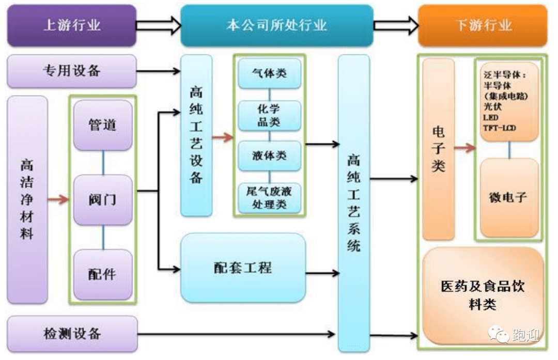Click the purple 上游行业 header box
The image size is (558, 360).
[x=71, y=25]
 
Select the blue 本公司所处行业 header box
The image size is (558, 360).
[x=276, y=25]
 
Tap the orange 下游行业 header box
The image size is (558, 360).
[x=483, y=25]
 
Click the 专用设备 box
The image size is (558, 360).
[x=71, y=71]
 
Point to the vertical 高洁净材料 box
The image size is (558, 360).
[x=27, y=199]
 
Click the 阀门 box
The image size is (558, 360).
[x=103, y=199]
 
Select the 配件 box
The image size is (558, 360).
[x=103, y=274]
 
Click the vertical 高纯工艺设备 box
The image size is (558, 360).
[x=196, y=135]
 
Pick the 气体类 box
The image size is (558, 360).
[x=269, y=74]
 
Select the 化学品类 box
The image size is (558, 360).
[x=269, y=115]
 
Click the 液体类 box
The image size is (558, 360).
[x=269, y=155]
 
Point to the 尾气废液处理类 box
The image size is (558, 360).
[x=269, y=197]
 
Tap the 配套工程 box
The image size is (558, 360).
[x=243, y=268]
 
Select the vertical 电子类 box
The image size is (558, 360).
[x=438, y=149]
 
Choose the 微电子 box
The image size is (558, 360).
[x=508, y=197]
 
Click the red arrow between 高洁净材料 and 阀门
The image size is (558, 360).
[x=58, y=199]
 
